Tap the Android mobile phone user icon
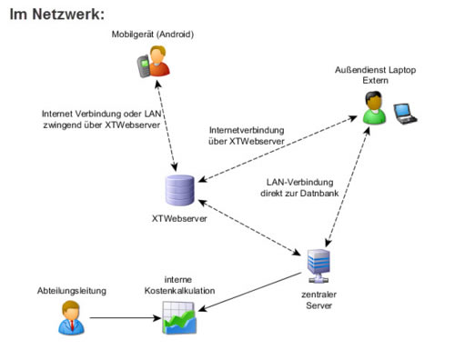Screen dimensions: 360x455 (x=152, y=65)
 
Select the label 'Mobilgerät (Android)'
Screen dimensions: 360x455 (x=154, y=35)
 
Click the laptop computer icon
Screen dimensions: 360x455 (x=405, y=112)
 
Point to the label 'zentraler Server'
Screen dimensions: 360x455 (x=318, y=299)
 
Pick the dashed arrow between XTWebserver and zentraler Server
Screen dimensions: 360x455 (x=248, y=224)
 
